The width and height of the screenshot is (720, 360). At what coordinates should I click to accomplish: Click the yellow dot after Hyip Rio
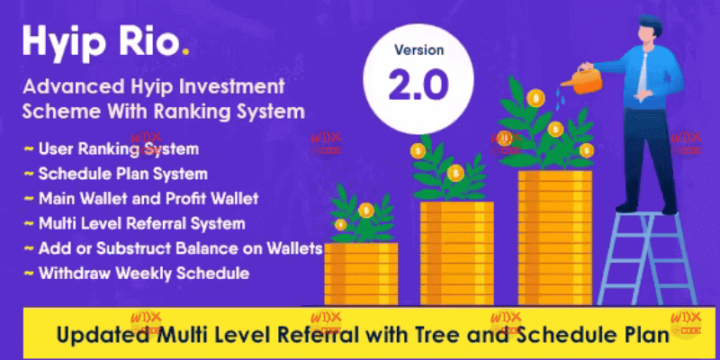click(x=185, y=53)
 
